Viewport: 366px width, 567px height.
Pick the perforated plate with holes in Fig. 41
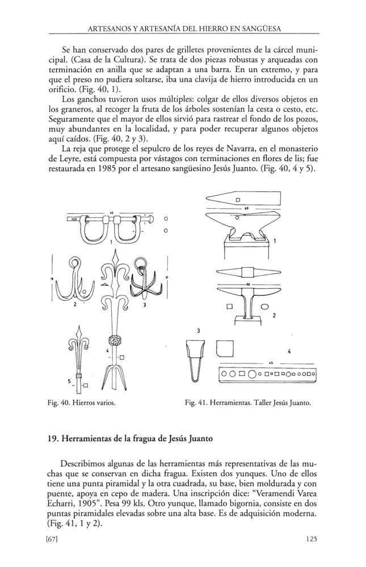tap(267, 375)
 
